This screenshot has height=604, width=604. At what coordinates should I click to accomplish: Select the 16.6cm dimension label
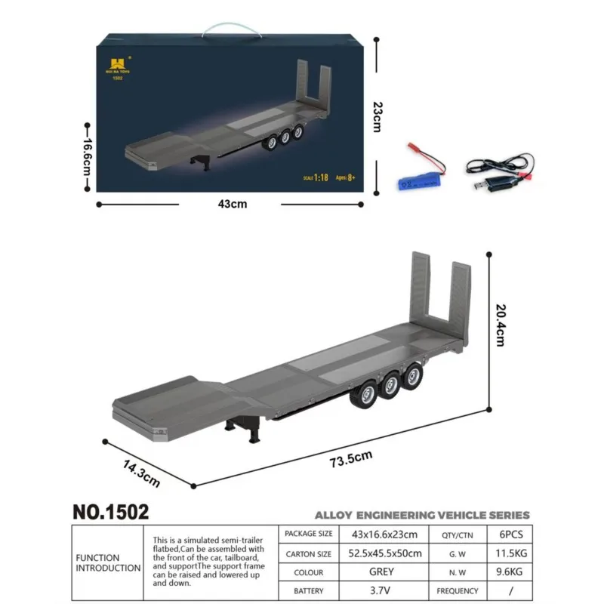pos(88,156)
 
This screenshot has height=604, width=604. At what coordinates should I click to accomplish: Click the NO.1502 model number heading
pos(111,512)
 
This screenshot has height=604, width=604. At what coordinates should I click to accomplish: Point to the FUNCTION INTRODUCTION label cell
pos(107,563)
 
